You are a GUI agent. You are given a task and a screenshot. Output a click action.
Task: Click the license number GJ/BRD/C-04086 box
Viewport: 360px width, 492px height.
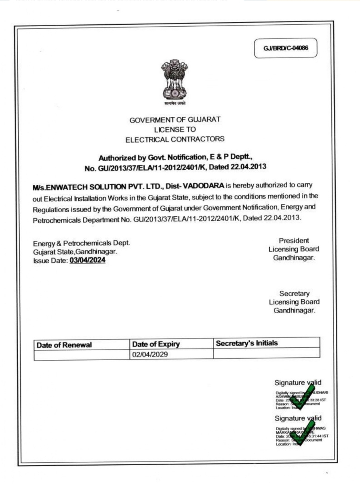coord(286,48)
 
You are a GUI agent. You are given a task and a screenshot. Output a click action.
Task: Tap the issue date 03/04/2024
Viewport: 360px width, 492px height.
coord(88,261)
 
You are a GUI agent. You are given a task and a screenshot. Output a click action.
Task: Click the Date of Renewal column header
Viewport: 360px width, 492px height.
coord(65,345)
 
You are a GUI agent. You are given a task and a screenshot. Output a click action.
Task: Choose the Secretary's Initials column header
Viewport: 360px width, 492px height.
coord(247,343)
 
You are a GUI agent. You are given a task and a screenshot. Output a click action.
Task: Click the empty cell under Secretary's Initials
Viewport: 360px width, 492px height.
coord(266,354)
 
